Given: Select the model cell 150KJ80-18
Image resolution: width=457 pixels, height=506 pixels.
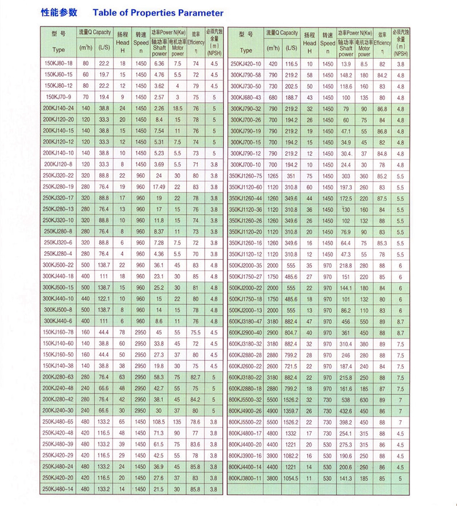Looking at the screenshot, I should (59, 63).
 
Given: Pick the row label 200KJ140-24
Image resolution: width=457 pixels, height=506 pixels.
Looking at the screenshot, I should (59, 108).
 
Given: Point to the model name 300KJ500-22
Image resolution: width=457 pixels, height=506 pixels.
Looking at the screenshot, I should (59, 264).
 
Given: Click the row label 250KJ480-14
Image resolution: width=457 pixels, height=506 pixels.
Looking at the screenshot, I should (59, 488).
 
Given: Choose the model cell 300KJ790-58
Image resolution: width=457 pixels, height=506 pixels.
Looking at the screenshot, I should (245, 75).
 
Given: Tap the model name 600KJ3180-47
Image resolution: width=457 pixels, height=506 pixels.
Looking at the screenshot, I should (245, 321).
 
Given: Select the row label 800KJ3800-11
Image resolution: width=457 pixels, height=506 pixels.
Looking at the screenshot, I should (245, 477).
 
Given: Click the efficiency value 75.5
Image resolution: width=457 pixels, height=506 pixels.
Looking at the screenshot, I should (195, 332).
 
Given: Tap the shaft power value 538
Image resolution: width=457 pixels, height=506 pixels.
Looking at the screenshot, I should (346, 399).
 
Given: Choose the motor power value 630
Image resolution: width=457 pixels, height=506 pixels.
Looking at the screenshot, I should (364, 399).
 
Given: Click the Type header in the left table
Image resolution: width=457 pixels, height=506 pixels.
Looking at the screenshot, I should (59, 50).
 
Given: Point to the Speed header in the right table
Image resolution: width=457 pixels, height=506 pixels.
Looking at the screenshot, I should (327, 43).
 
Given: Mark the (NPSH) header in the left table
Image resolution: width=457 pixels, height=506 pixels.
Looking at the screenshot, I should (214, 53).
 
